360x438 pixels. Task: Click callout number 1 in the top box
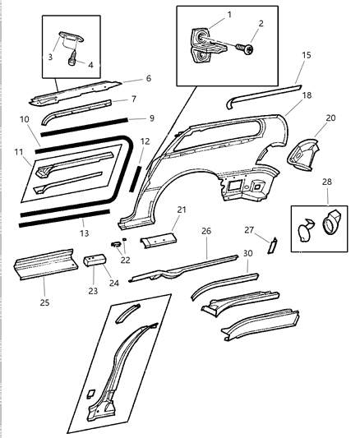point(228,15)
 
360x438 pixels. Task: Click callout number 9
point(150,117)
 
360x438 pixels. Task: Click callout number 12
point(144,141)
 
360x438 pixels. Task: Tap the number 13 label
point(84,233)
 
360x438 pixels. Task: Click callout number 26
point(205,231)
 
